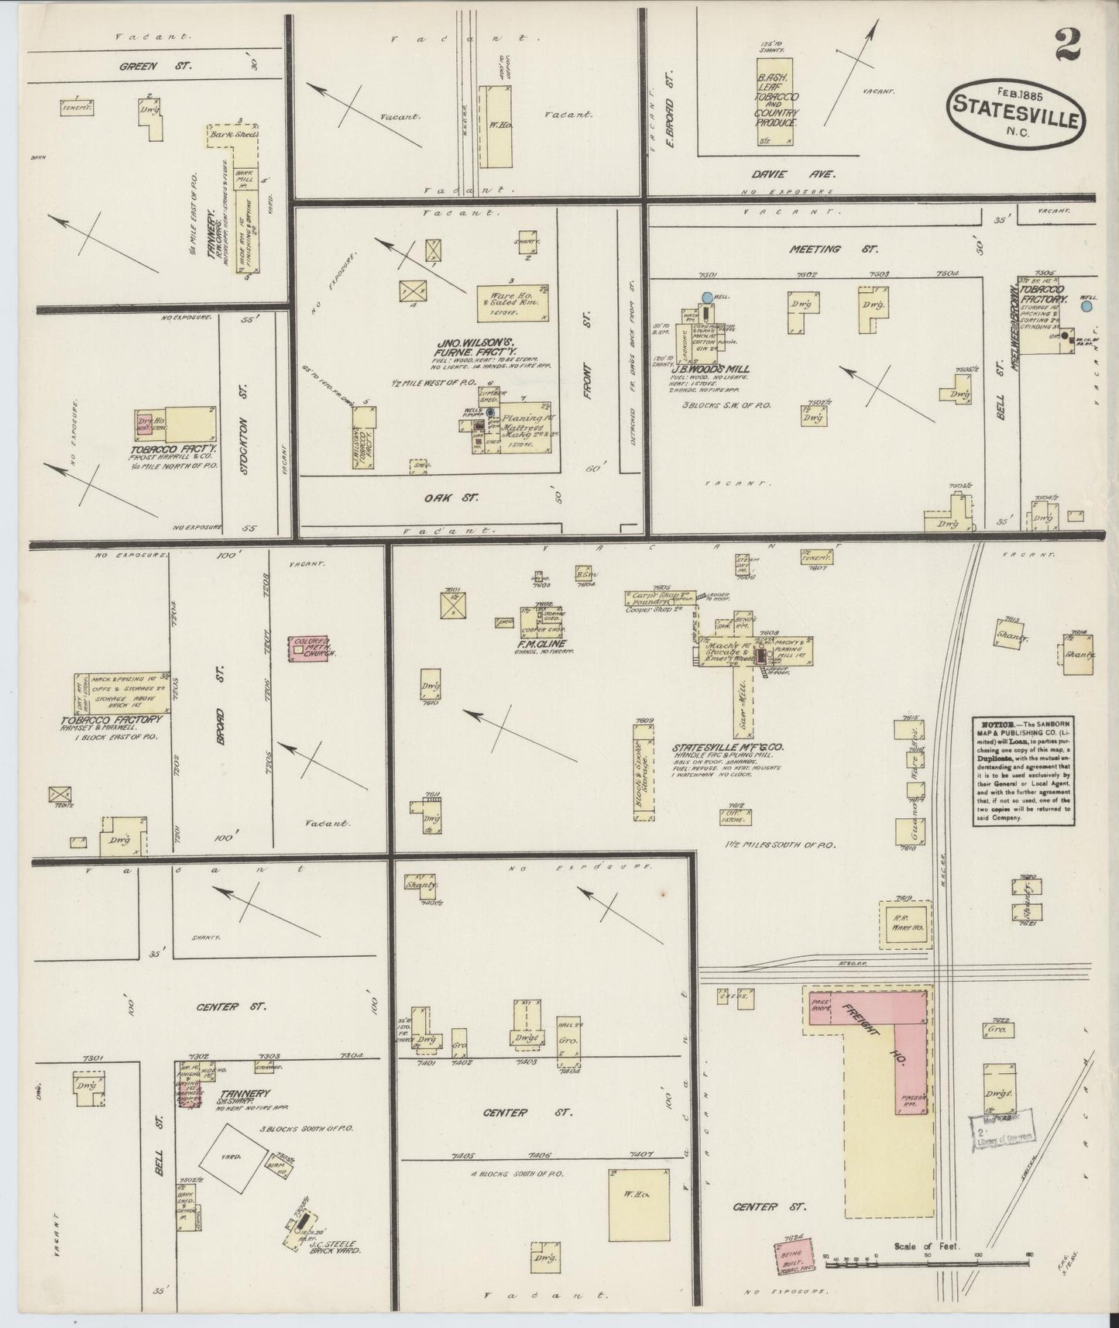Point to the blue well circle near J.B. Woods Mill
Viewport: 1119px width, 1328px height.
tap(706, 296)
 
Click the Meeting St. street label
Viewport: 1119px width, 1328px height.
tap(815, 249)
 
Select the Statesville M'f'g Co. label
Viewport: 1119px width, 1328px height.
tap(729, 748)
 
